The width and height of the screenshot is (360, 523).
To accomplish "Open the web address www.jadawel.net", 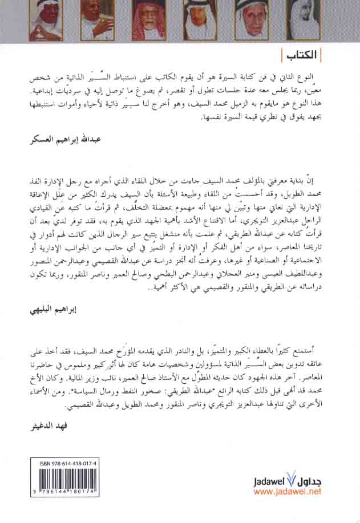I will (288, 490).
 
